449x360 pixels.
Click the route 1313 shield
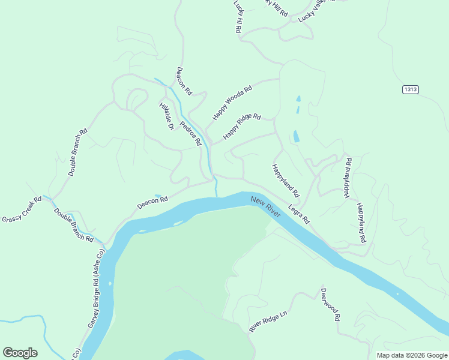pyautogui.click(x=411, y=89)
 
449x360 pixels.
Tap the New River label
pyautogui.click(x=267, y=205)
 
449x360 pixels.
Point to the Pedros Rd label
pyautogui.click(x=190, y=131)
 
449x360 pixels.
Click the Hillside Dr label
pyautogui.click(x=166, y=116)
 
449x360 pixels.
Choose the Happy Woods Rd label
pyautogui.click(x=232, y=103)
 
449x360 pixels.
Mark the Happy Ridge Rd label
pyautogui.click(x=242, y=127)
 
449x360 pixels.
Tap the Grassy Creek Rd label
pyautogui.click(x=22, y=209)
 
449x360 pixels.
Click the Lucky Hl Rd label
pyautogui.click(x=238, y=16)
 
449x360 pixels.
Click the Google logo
pyautogui.click(x=20, y=353)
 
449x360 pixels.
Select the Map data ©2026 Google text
pyautogui.click(x=411, y=355)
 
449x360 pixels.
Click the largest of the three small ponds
pyautogui.click(x=296, y=137)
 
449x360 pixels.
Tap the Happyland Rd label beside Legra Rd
pyautogui.click(x=285, y=181)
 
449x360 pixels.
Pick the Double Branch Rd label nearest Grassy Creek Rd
pyautogui.click(x=73, y=224)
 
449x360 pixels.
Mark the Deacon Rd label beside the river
pyautogui.click(x=152, y=203)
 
